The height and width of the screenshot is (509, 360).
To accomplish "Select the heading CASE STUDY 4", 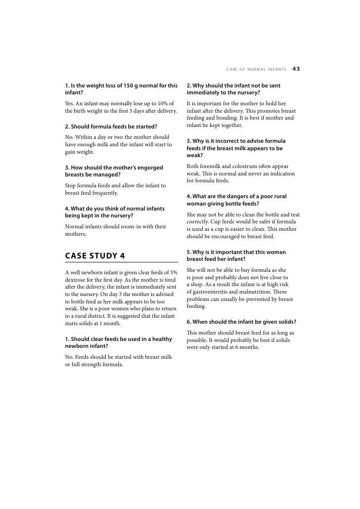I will pos(95,255).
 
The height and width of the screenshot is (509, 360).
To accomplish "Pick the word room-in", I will pos(144,226).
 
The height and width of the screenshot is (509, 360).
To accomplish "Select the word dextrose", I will pos(78,279).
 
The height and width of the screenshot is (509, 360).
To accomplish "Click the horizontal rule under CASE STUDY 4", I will pos(121,262).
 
